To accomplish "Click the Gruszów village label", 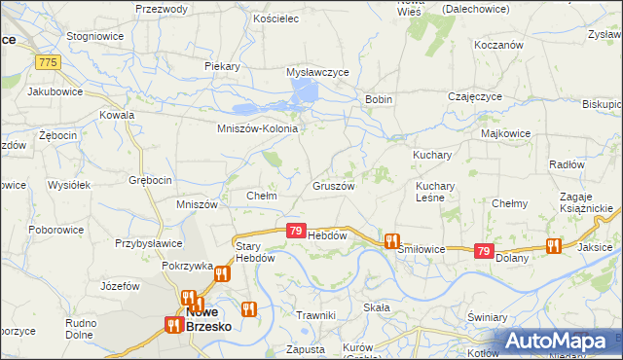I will [333, 185].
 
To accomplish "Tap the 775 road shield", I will [48, 62].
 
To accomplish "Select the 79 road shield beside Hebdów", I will [296, 231].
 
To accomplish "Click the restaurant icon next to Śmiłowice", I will [392, 240].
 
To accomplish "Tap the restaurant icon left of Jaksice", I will [554, 245].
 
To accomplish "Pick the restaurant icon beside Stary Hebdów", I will [222, 273].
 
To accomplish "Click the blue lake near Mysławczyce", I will [305, 93].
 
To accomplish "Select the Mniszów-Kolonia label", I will [257, 128].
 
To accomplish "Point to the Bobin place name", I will [378, 100].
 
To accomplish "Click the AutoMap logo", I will [555, 342].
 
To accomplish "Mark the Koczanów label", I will [499, 45].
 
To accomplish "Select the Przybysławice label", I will [149, 244].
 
